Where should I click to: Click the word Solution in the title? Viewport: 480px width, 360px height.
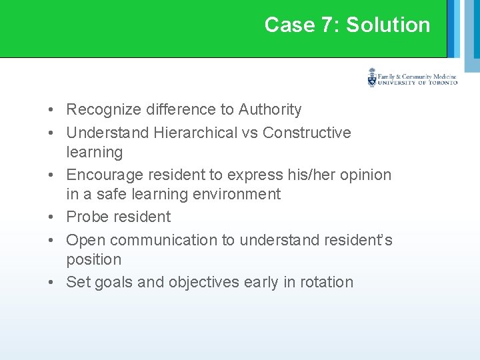(x=388, y=25)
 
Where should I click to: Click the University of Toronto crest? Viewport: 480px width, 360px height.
(x=372, y=79)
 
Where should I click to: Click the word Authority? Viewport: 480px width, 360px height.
(x=270, y=109)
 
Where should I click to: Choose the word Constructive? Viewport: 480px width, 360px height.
(x=307, y=133)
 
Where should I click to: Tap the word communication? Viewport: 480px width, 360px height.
(x=173, y=240)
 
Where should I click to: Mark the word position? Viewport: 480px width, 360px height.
(x=93, y=259)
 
